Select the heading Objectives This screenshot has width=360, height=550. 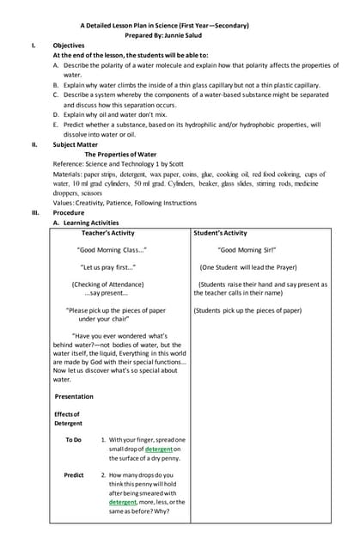pyautogui.click(x=69, y=46)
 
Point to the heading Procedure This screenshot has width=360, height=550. pyautogui.click(x=69, y=212)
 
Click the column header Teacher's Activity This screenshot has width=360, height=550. pyautogui.click(x=107, y=233)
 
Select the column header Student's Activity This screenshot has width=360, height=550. pyautogui.click(x=221, y=233)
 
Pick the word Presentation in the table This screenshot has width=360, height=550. pyautogui.click(x=75, y=396)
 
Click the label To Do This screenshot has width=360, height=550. pyautogui.click(x=73, y=439)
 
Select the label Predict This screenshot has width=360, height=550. pyautogui.click(x=74, y=474)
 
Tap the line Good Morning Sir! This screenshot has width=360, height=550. pyautogui.click(x=247, y=250)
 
